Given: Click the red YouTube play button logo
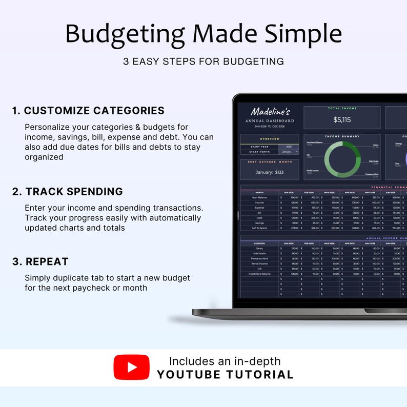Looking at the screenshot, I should coord(132,367).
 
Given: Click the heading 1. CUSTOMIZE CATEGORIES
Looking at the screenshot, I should coord(88,111).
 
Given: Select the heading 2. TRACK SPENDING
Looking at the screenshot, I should coord(68,192).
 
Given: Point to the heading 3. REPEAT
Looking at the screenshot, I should coord(40,261).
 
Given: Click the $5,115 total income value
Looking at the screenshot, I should coord(341,120).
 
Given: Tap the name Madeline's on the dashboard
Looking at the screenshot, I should coord(270,112).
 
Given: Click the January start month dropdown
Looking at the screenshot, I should coord(289,152).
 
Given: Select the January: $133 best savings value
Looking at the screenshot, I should coord(270,172).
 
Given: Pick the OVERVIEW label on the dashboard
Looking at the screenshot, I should coord(270,138).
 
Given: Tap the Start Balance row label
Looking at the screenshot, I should coord(259,197).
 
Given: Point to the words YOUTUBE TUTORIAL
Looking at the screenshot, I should coord(225,374).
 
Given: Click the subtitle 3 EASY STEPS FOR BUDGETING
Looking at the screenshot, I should coord(203,62).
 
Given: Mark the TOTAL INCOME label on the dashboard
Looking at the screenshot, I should coord(341,109).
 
